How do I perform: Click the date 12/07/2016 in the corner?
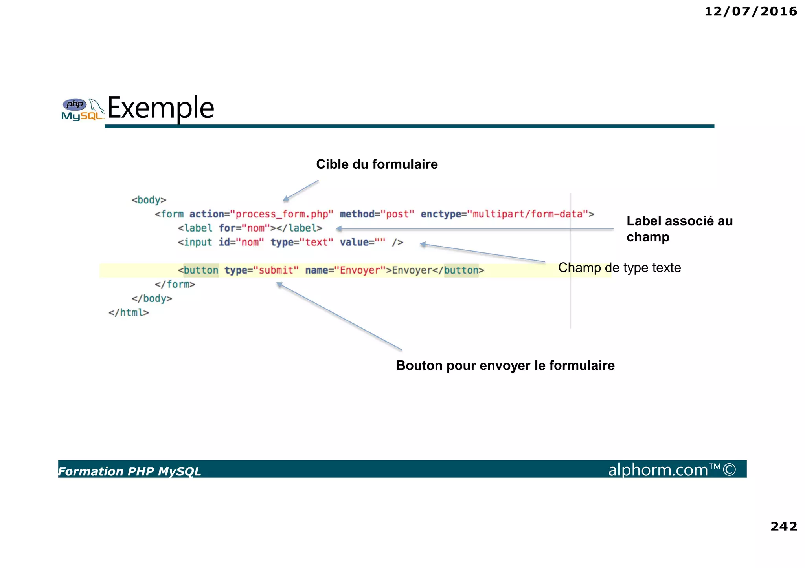pos(750,11)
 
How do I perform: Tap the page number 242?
pos(783,526)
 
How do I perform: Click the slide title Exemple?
pos(161,108)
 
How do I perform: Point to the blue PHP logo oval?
pos(75,104)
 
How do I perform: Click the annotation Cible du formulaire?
pos(377,164)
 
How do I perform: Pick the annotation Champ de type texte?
pos(619,268)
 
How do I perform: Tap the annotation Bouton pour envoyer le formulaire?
pos(505,365)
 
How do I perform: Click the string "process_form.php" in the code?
pos(281,214)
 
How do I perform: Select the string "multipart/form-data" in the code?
pos(527,214)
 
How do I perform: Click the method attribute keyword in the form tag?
pos(357,214)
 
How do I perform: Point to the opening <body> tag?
pos(149,200)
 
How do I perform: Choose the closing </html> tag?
pos(129,313)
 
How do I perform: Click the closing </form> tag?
pos(175,284)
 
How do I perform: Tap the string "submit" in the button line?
pos(276,270)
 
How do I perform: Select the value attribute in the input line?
pos(354,242)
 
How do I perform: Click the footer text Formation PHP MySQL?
pos(130,471)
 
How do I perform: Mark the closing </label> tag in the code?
pos(300,228)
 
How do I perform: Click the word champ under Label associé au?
pos(648,237)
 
